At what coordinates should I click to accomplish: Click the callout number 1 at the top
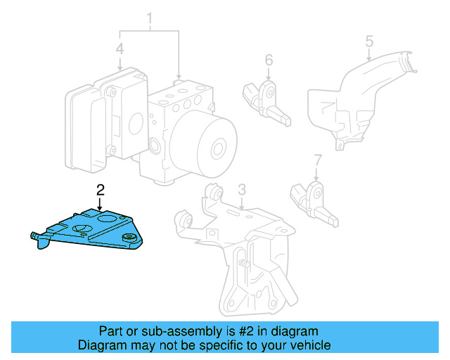149,16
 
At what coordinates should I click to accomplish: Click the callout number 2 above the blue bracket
100,189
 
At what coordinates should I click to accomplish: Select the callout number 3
241,190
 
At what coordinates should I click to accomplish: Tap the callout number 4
120,50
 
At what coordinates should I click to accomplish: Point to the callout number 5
368,41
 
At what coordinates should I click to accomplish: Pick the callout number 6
269,61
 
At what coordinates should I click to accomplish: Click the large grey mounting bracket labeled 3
239,239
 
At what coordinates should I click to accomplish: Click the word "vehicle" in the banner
309,345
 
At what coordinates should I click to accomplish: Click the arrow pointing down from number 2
101,203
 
